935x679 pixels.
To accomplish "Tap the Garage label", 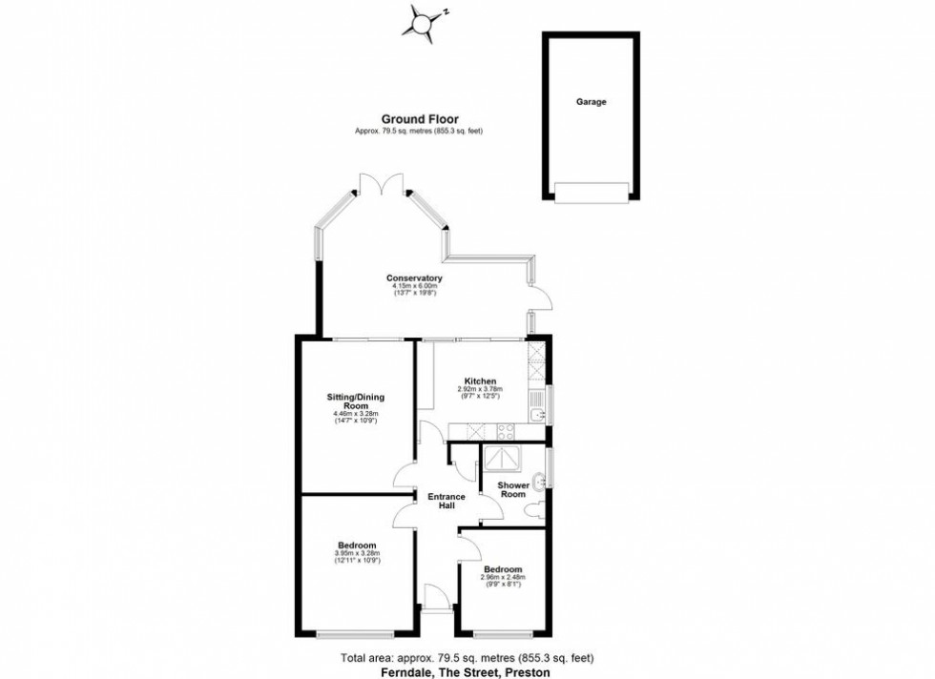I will pos(591,102).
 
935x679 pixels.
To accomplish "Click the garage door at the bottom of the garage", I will pos(592,193).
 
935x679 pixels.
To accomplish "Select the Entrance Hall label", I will pos(446,502).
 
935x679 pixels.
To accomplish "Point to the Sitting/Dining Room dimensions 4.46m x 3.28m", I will pos(356,414).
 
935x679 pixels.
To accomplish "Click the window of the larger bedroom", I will pos(356,633).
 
